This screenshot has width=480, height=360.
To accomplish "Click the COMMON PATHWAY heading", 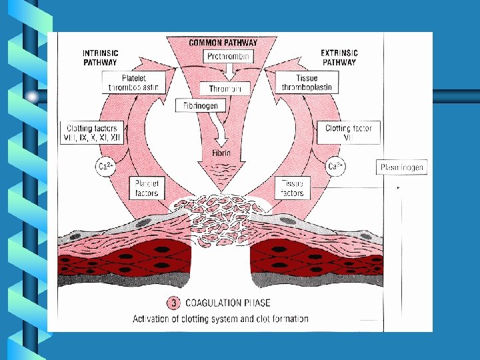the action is coord(223,43).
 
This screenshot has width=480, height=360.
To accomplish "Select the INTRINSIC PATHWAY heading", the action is coord(100,57).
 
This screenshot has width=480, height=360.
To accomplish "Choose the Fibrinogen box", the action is coord(201,105).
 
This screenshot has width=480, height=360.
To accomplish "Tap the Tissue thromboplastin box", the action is coord(307,82).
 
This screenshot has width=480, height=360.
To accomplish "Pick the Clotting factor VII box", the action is coord(348,133).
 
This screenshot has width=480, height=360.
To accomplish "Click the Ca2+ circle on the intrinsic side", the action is coord(105,167).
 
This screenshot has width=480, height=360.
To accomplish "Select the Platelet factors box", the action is coord(146,187).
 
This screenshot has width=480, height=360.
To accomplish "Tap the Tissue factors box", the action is coord(292,187).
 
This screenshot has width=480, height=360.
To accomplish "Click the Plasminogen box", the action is coord(403,167).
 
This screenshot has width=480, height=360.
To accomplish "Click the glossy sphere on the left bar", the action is coord(32,97).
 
